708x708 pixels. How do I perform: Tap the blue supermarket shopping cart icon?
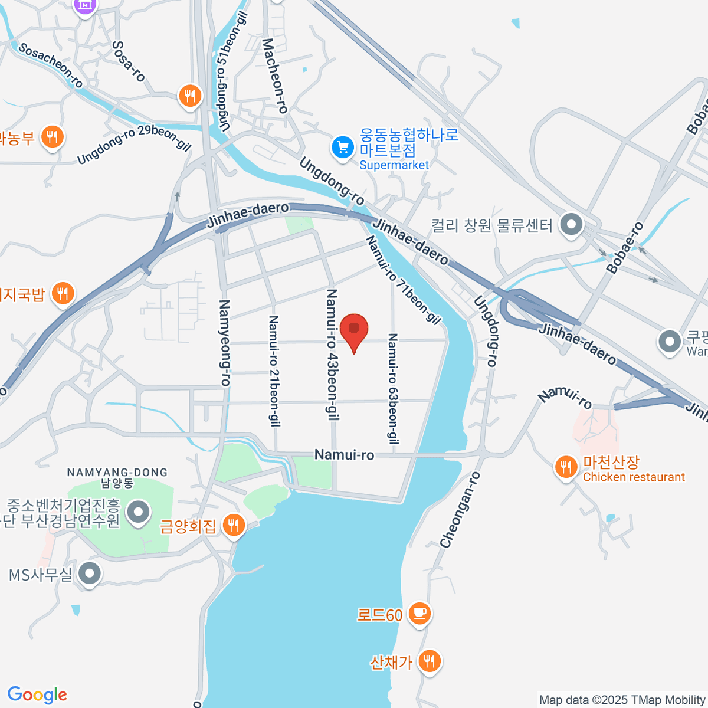(x=342, y=147)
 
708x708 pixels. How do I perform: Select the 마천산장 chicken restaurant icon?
(x=566, y=467)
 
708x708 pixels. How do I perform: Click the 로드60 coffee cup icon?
(x=419, y=614)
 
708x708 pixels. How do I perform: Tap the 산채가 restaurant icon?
(x=429, y=661)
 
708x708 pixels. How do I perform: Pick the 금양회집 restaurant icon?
(x=234, y=525)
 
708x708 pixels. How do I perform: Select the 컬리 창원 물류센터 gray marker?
(x=571, y=225)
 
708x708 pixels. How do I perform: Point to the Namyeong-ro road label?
(x=225, y=343)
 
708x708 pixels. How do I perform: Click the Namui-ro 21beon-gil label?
(x=274, y=371)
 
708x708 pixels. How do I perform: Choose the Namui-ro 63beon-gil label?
(x=392, y=388)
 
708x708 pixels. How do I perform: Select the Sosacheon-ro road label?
(x=51, y=65)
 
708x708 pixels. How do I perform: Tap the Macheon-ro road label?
(x=274, y=76)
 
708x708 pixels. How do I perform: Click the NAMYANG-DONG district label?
(x=117, y=473)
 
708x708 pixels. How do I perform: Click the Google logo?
(x=37, y=695)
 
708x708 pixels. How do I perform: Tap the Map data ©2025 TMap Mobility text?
(x=622, y=700)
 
